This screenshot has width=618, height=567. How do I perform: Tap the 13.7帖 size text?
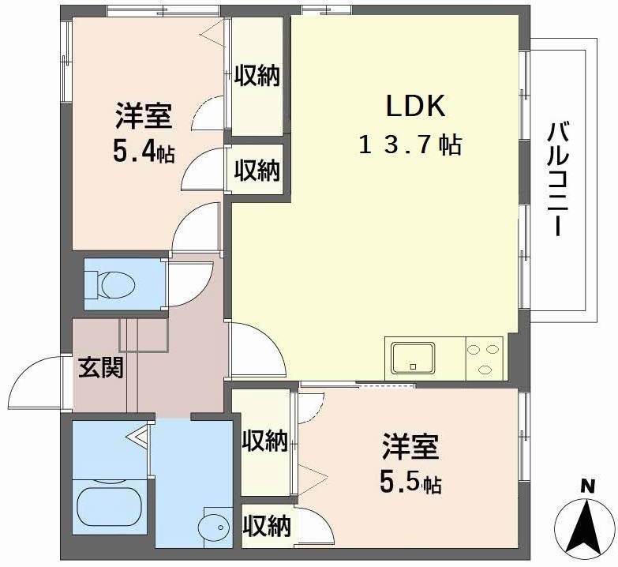tap(410, 145)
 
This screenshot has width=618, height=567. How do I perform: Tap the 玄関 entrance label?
tap(101, 367)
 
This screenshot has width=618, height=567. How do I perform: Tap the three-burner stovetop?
tap(484, 357)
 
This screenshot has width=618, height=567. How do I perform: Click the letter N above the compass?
tap(586, 486)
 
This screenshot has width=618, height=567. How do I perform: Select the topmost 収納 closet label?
tap(257, 77)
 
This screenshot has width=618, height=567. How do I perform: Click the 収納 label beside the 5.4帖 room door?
tap(257, 169)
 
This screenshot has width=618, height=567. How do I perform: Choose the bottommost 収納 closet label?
tap(266, 524)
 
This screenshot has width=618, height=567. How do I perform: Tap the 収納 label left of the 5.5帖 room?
tap(264, 441)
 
